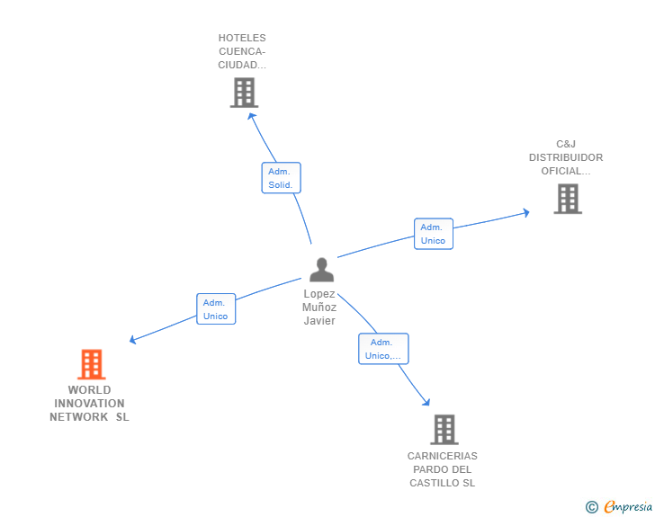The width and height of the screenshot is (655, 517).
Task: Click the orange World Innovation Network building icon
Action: (x=91, y=364)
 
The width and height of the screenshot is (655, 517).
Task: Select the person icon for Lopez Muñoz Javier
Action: (x=321, y=270)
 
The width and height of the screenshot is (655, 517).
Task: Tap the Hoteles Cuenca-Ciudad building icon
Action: (x=244, y=93)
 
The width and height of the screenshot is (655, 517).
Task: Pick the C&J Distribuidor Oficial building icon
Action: (x=568, y=199)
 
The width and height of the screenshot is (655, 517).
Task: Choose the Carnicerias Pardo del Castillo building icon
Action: (x=444, y=430)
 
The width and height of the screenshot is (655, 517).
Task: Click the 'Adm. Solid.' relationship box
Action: (x=281, y=178)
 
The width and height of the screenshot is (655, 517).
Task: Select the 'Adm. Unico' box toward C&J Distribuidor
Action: (x=433, y=234)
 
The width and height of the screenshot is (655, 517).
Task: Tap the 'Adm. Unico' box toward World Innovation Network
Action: (x=216, y=309)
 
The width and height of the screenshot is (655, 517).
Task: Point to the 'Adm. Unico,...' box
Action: (x=382, y=349)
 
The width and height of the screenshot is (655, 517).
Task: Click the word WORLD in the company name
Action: (x=89, y=390)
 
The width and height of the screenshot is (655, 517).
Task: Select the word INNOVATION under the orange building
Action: (x=89, y=404)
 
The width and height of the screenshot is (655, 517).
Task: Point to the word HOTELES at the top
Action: (x=242, y=38)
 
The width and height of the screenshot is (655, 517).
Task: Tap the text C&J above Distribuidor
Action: (x=565, y=144)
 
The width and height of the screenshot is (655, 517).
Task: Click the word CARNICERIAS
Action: (x=442, y=456)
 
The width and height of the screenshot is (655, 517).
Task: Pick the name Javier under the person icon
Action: (x=319, y=321)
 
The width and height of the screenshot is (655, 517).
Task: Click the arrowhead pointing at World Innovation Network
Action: (x=132, y=340)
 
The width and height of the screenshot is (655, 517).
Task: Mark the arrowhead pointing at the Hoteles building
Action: (x=251, y=114)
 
